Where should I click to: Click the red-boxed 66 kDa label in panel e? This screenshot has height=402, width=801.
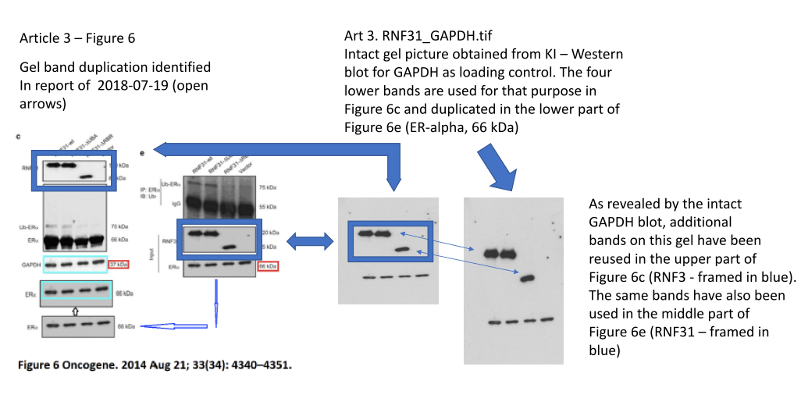(x=267, y=266)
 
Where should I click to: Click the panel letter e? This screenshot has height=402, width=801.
(x=141, y=153)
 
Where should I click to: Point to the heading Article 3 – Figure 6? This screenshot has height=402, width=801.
(x=82, y=37)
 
